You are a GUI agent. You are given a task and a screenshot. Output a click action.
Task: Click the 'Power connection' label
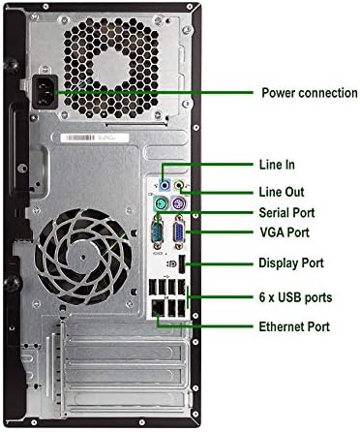tap(309, 93)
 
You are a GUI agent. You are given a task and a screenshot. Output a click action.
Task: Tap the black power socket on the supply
tap(45, 92)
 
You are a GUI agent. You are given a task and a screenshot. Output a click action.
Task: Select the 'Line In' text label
tap(277, 165)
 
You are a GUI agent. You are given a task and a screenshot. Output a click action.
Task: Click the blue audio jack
tap(165, 185)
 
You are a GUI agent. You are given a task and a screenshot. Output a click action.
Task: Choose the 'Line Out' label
tap(282, 192)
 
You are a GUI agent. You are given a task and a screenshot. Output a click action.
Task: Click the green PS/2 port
tap(160, 203)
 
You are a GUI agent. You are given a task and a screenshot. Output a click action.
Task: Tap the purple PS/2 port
tap(177, 203)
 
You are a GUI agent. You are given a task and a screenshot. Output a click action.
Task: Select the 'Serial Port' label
tap(286, 213)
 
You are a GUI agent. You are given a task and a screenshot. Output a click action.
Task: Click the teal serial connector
tap(159, 232)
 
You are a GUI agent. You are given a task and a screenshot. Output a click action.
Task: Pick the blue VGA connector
tap(179, 232)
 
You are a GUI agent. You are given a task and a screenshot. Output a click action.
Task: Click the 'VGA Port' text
tap(285, 232)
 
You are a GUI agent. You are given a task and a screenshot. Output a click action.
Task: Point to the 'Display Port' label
tap(291, 262)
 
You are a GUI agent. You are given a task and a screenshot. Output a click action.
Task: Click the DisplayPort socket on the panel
tap(182, 264)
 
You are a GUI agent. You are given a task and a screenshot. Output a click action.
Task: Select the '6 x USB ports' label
tap(295, 297)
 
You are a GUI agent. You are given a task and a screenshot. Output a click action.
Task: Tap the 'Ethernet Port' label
tap(294, 326)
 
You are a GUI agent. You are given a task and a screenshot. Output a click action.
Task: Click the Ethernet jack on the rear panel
tap(158, 308)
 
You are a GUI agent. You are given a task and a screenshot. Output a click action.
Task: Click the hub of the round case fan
tap(83, 257)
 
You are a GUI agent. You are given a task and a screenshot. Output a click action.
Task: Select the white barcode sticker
tap(95, 138)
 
